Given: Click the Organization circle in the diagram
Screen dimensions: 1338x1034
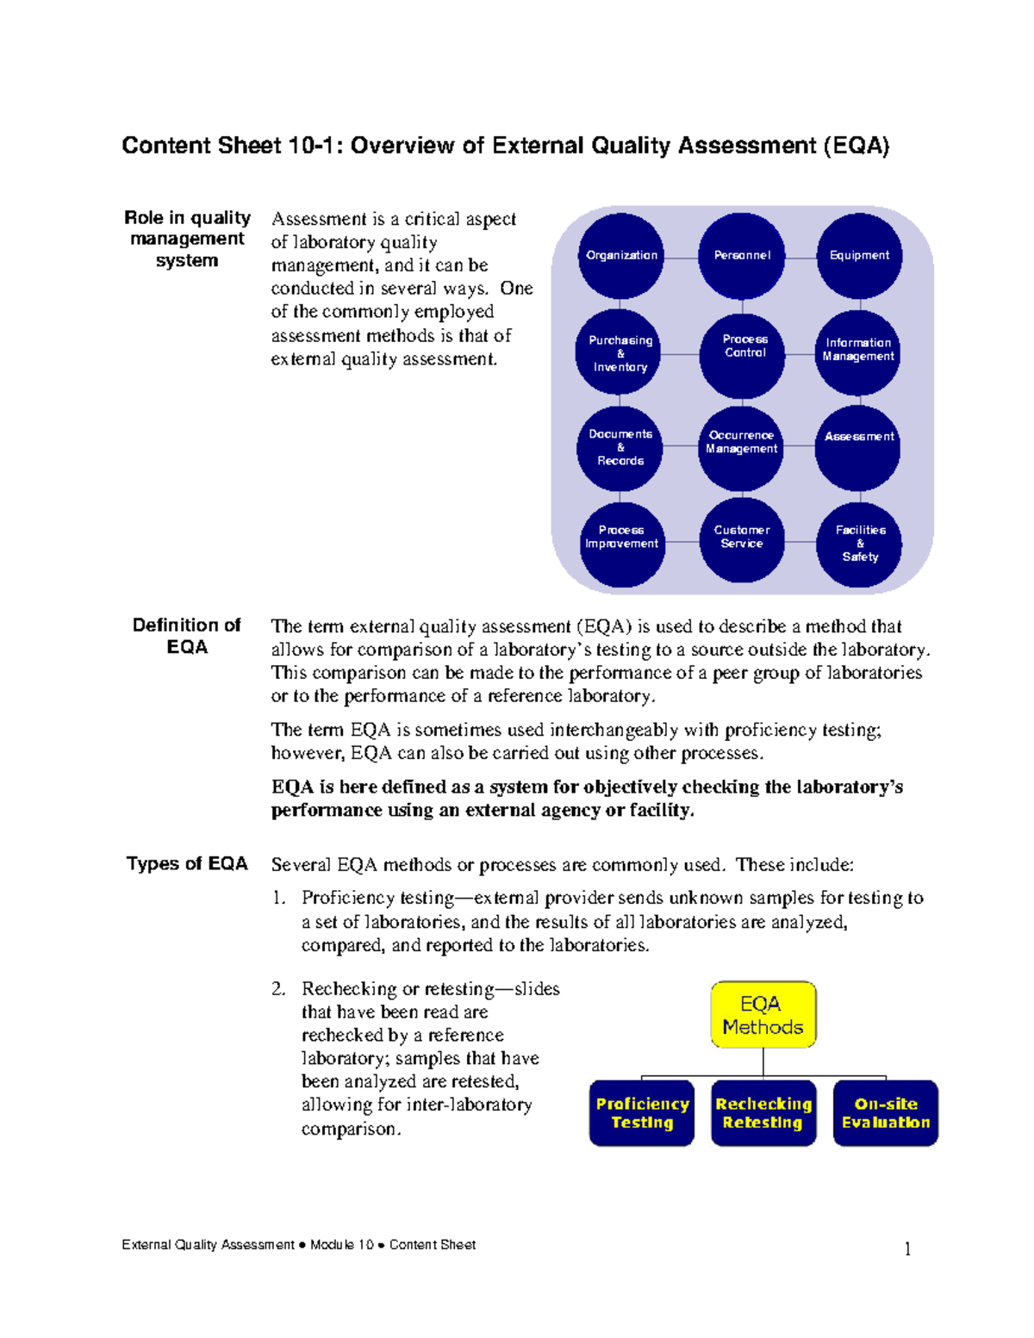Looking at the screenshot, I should (621, 256).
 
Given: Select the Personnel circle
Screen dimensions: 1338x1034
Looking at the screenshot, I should (742, 256).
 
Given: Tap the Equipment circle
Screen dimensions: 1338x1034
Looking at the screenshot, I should (859, 256).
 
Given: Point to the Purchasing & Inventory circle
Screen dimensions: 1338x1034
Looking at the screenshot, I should (620, 353).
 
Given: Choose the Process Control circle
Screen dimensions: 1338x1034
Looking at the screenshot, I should (743, 353).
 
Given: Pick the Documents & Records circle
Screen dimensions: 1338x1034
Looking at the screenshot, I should (620, 448).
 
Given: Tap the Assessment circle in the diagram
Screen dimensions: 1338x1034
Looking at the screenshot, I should (858, 448).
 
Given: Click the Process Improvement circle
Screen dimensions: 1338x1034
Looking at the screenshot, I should (622, 543).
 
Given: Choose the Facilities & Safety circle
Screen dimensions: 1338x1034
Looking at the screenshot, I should (859, 544).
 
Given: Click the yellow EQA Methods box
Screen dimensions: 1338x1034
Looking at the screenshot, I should (763, 1015).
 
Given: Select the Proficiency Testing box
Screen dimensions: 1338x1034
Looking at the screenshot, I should (642, 1113).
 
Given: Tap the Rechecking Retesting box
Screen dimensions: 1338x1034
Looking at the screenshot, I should (763, 1113).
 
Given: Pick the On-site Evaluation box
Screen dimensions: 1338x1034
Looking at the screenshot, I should (886, 1113).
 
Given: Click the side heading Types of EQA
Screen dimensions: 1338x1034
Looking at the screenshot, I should (187, 864).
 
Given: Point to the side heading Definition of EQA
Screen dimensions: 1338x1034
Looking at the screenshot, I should (187, 636).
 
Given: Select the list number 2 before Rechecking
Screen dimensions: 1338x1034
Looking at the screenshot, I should (277, 989).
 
